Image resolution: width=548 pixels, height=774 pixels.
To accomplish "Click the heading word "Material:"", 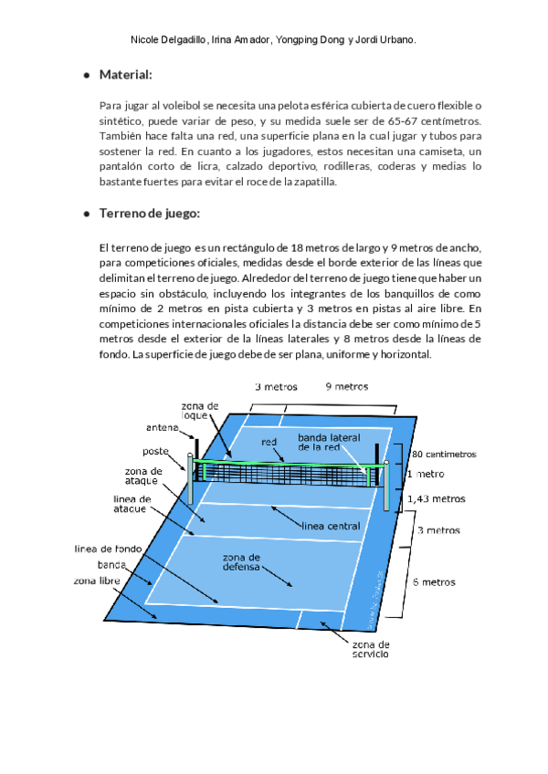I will point(125,74).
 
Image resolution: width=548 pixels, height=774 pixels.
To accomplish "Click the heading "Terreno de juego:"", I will point(150,214).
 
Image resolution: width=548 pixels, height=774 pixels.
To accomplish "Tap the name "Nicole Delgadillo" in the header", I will point(169,41).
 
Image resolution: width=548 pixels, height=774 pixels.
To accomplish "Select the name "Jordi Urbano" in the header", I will point(387,41).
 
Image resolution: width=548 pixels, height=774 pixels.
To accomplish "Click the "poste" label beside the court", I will point(156,451).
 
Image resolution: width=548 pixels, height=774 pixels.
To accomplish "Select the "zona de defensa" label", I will point(241,561).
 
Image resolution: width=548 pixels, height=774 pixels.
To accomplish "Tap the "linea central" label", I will point(331,526).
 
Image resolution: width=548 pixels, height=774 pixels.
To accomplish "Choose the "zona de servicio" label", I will point(369,649).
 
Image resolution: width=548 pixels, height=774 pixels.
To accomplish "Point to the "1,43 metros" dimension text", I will point(436,499).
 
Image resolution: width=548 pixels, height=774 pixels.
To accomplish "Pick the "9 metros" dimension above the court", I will point(347,386).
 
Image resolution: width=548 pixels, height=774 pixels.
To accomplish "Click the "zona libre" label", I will point(98,580).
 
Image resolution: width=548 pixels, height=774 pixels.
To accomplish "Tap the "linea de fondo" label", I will point(108,549).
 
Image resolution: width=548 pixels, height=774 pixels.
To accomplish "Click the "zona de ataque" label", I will point(142,476).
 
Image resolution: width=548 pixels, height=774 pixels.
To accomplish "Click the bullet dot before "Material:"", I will point(86,75).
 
